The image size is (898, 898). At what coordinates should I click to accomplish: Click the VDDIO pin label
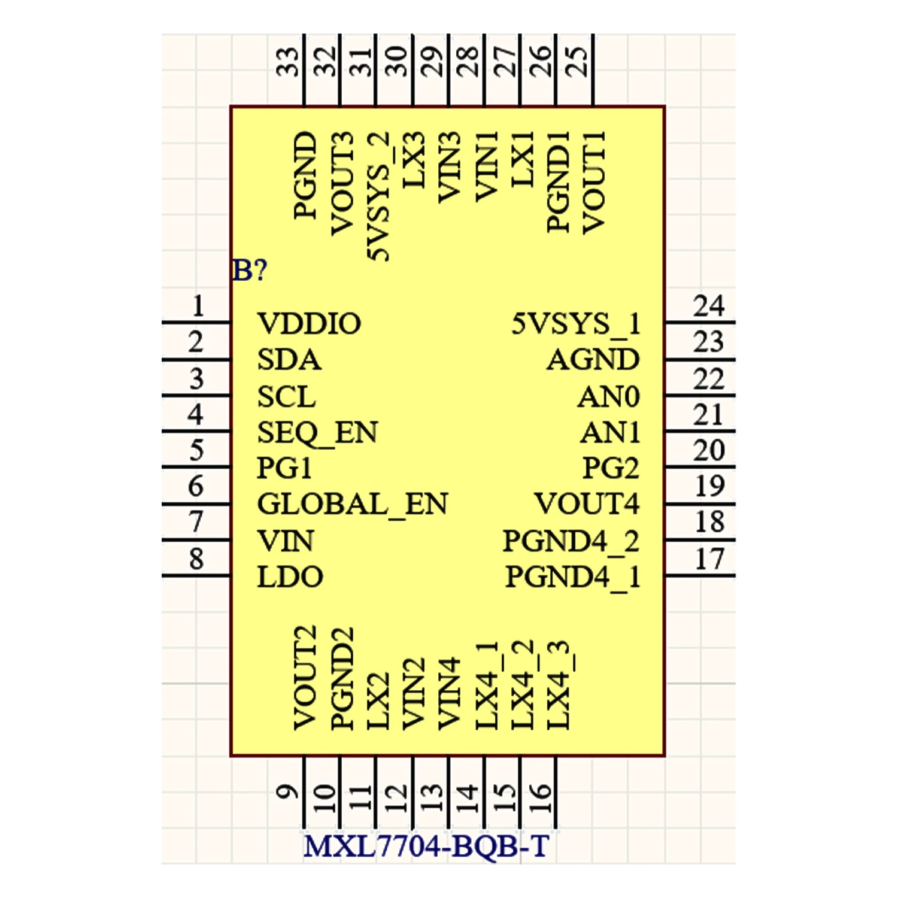point(309,324)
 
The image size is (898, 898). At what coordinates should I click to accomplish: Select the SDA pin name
point(289,360)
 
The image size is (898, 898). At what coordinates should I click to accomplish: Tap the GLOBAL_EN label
point(352,504)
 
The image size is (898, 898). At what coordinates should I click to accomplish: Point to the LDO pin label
point(290,577)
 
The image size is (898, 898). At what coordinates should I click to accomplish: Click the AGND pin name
point(593,360)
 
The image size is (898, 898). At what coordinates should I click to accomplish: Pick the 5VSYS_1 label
point(576,324)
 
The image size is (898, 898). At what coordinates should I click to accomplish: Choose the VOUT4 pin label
point(587,504)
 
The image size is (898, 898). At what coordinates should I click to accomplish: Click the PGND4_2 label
point(571,541)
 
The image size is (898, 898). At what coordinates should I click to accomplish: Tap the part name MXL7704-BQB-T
point(426,847)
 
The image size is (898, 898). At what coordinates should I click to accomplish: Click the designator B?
point(250,271)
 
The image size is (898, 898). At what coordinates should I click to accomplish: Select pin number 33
point(288,62)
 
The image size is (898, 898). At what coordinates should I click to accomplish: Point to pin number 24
point(709,306)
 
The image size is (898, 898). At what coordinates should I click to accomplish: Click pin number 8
point(196,559)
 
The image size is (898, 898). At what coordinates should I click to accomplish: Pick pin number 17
point(709,559)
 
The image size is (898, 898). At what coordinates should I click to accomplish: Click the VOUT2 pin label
point(305,678)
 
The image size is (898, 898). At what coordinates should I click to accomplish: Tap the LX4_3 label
point(559,685)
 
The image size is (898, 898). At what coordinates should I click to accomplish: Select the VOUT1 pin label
point(594,182)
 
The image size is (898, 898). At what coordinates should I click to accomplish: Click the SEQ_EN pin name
point(317,433)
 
